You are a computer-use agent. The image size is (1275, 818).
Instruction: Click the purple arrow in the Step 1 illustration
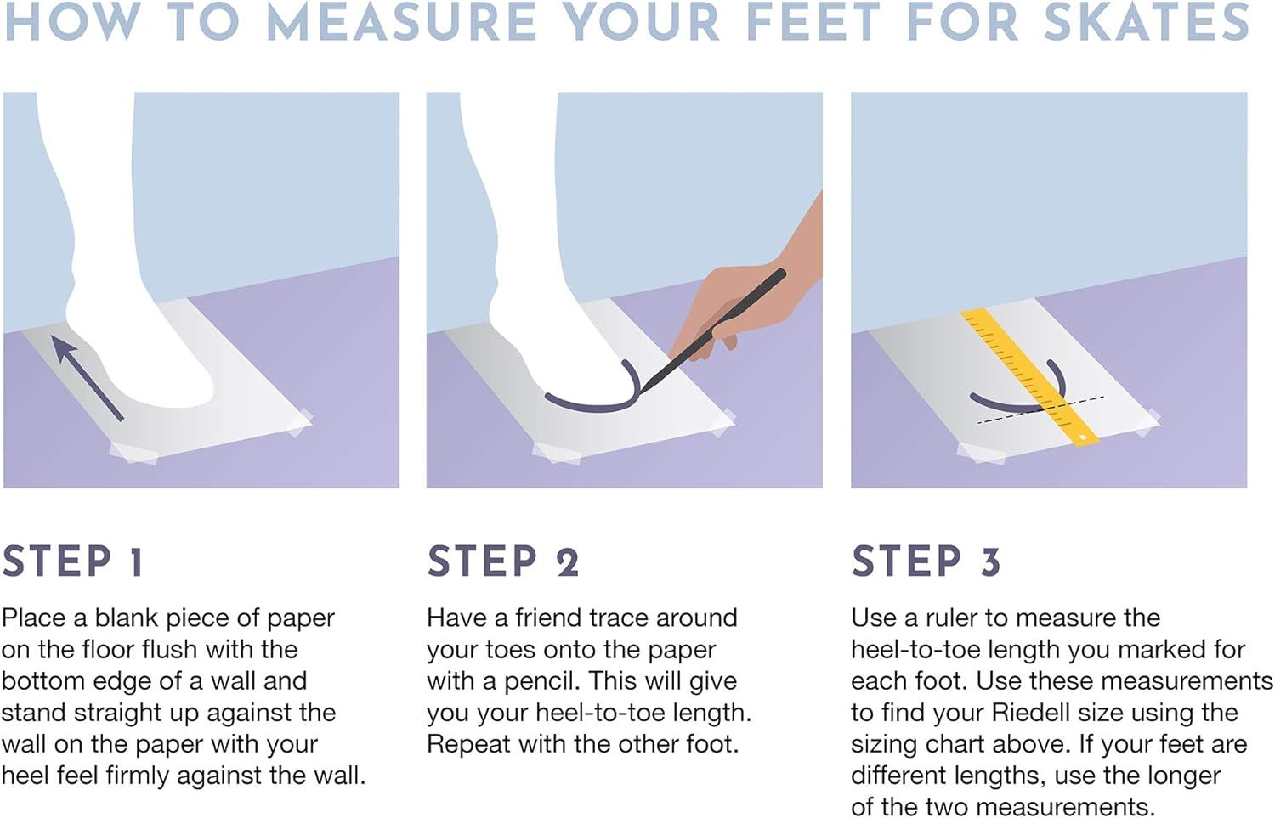tap(87, 378)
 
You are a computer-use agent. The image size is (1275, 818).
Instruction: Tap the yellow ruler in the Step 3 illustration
tap(1029, 378)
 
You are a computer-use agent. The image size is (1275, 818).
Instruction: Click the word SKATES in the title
tap(1147, 22)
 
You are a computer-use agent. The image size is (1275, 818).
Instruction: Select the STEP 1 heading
tap(72, 561)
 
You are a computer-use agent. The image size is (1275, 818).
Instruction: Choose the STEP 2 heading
tap(503, 561)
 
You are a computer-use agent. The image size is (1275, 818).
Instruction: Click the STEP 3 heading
tap(926, 561)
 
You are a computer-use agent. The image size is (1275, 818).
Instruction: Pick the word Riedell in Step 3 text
tap(1029, 713)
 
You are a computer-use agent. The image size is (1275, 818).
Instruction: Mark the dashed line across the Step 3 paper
tap(1041, 409)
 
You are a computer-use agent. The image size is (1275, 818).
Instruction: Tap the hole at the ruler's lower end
tap(1083, 437)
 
